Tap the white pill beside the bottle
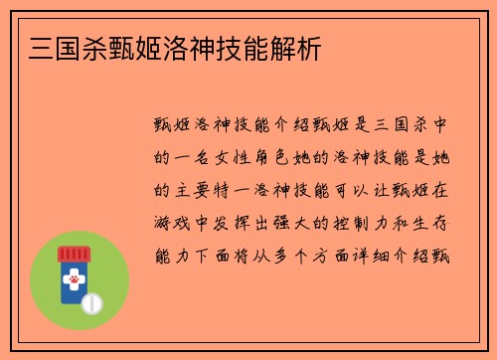click(x=92, y=302)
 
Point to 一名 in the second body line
click(x=195, y=157)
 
